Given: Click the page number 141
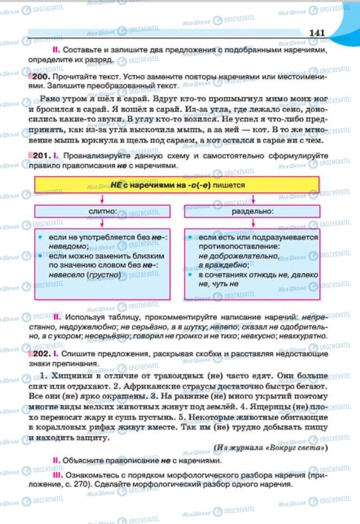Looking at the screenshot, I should pyautogui.click(x=317, y=33).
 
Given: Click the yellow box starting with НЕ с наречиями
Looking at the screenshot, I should pyautogui.click(x=177, y=185).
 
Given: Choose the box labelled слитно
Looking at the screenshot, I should pyautogui.click(x=102, y=211).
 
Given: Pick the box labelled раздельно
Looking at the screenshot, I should pyautogui.click(x=252, y=211).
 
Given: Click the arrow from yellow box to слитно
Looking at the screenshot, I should pyautogui.click(x=102, y=199).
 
